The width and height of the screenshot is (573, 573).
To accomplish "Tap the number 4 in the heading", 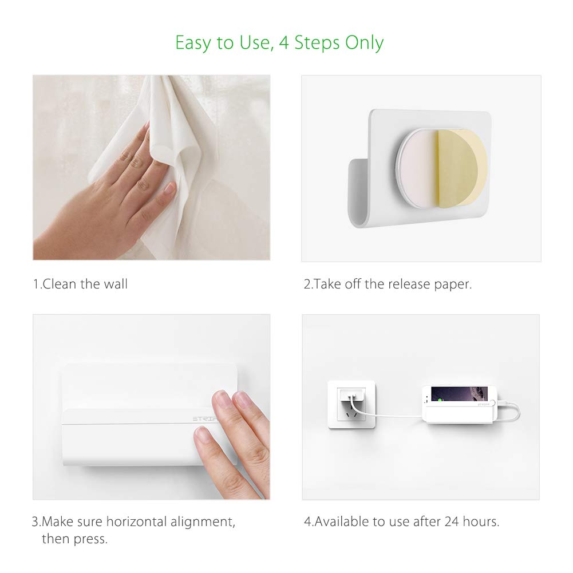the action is click(x=284, y=42).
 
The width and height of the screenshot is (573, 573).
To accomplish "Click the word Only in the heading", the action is click(x=364, y=44).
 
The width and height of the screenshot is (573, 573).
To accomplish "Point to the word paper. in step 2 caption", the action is click(x=453, y=285).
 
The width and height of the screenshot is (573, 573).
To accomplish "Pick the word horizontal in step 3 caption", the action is click(x=136, y=521).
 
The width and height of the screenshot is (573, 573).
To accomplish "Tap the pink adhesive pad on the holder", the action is click(x=418, y=168).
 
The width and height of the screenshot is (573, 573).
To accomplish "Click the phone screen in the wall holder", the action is click(x=459, y=394).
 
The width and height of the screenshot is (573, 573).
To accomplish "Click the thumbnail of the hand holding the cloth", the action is click(x=169, y=189).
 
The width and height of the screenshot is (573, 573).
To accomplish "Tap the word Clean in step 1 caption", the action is click(x=58, y=284).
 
